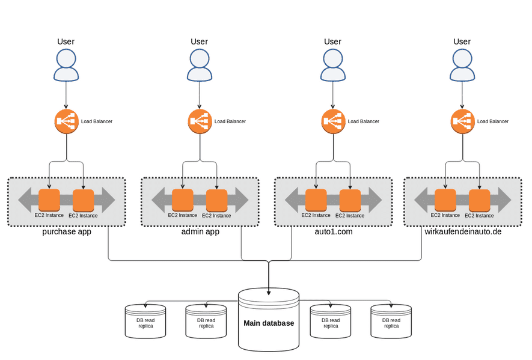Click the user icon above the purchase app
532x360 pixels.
[x=66, y=65]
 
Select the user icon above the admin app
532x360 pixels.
[x=200, y=65]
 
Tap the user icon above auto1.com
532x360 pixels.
[x=332, y=65]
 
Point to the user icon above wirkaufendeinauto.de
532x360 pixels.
[x=462, y=65]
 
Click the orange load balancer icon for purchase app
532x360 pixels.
[x=66, y=121]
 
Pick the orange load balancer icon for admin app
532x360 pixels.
[x=200, y=121]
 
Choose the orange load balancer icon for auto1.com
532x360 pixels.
[x=333, y=121]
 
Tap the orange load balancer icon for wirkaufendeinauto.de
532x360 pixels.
[x=462, y=121]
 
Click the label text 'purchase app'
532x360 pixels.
[x=67, y=231]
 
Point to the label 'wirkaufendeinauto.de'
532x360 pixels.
[x=462, y=231]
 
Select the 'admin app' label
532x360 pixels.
[x=200, y=231]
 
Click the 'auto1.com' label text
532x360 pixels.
[x=333, y=231]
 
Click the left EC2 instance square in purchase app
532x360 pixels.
[x=49, y=200]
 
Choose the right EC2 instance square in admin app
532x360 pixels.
[x=216, y=200]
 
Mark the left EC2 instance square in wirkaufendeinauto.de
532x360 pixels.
[x=445, y=200]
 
